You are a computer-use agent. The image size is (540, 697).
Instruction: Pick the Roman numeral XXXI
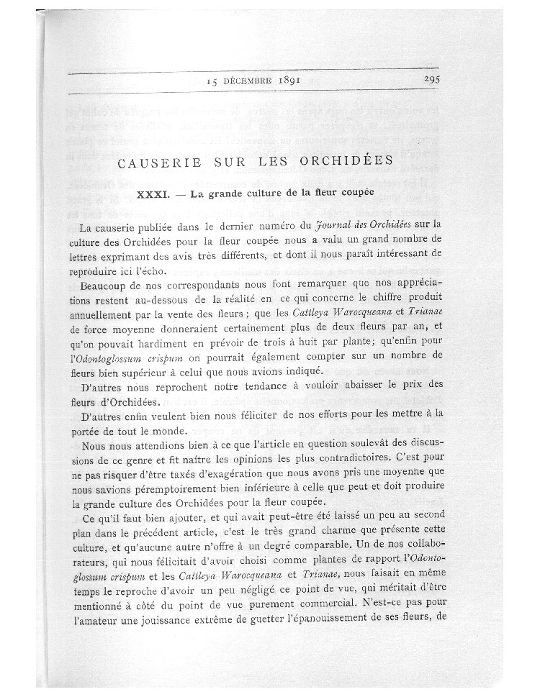[x=154, y=195]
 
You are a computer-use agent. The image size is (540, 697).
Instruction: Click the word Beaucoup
[x=106, y=285]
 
